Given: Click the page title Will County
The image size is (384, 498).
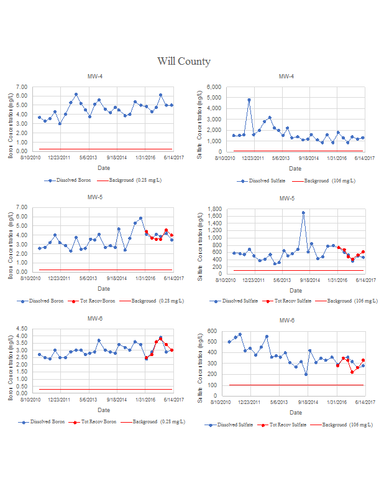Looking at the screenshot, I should pos(184,61).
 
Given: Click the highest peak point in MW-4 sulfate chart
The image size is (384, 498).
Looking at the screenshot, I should pos(249,100).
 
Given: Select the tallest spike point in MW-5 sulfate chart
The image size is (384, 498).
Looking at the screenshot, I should pos(303,213).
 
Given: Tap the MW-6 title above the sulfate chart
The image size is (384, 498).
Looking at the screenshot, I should pos(286,321).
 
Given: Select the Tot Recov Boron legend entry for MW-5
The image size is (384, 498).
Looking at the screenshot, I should pos(95,301).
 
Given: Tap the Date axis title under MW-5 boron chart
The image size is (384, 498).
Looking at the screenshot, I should pos(104,289).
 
